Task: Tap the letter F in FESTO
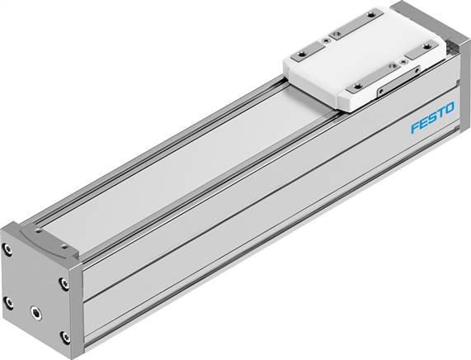tap(415, 130)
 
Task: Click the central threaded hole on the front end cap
tap(34, 312)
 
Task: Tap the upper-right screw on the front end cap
tap(64, 283)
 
